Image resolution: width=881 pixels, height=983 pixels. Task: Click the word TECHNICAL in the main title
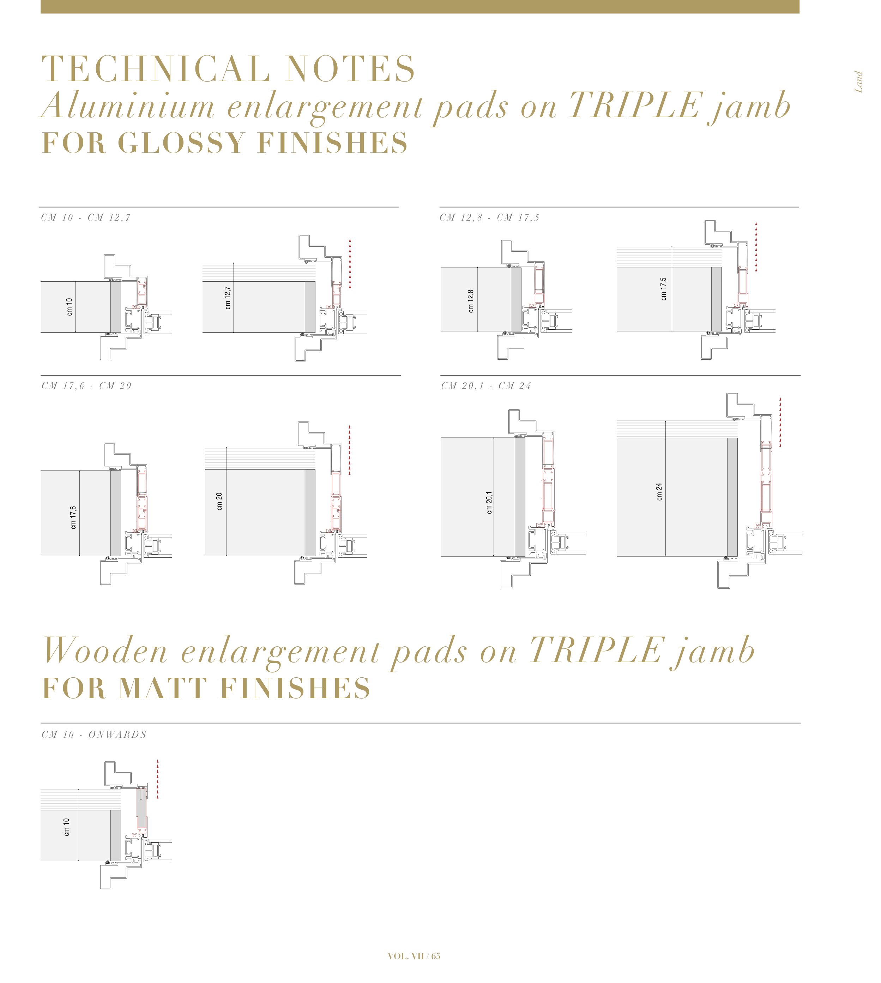[156, 69]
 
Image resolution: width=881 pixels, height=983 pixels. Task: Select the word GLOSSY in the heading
[181, 143]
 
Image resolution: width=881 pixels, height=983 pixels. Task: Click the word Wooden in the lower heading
[105, 651]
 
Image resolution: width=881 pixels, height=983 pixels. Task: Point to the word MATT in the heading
[163, 688]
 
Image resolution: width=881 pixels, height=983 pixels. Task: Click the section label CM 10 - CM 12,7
[86, 218]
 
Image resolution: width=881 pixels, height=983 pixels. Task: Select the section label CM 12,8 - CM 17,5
[489, 218]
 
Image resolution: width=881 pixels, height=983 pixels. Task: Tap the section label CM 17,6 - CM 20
[87, 386]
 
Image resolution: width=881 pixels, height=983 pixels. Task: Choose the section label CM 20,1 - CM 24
[486, 386]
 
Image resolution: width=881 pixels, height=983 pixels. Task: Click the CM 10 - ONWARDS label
[94, 735]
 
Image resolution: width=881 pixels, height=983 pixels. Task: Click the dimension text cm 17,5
[663, 289]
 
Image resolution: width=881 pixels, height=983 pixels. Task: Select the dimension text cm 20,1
[489, 503]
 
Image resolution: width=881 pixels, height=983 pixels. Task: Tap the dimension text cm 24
[659, 491]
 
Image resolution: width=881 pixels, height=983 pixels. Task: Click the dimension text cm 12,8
[471, 301]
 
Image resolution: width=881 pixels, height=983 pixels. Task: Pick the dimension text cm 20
[219, 502]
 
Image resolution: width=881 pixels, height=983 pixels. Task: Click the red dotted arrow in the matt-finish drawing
[157, 779]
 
